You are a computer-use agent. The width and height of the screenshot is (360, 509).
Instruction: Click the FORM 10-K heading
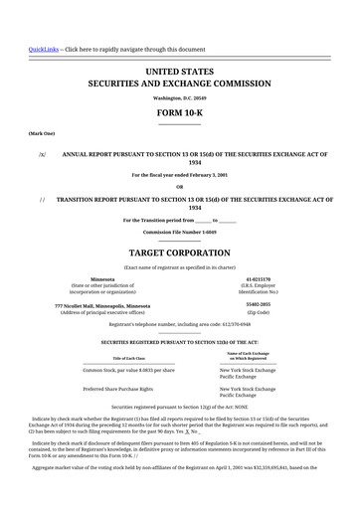click(179, 113)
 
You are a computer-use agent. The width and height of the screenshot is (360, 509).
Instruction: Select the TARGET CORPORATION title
click(179, 253)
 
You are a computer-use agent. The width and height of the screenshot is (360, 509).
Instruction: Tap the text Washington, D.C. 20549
click(179, 98)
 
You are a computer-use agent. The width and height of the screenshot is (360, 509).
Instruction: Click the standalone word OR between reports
click(179, 186)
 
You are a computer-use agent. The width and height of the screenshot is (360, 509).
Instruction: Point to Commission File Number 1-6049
click(179, 231)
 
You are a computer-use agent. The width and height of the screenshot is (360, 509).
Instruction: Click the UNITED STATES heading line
click(179, 73)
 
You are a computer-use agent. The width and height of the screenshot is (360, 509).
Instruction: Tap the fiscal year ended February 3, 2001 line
click(179, 175)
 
